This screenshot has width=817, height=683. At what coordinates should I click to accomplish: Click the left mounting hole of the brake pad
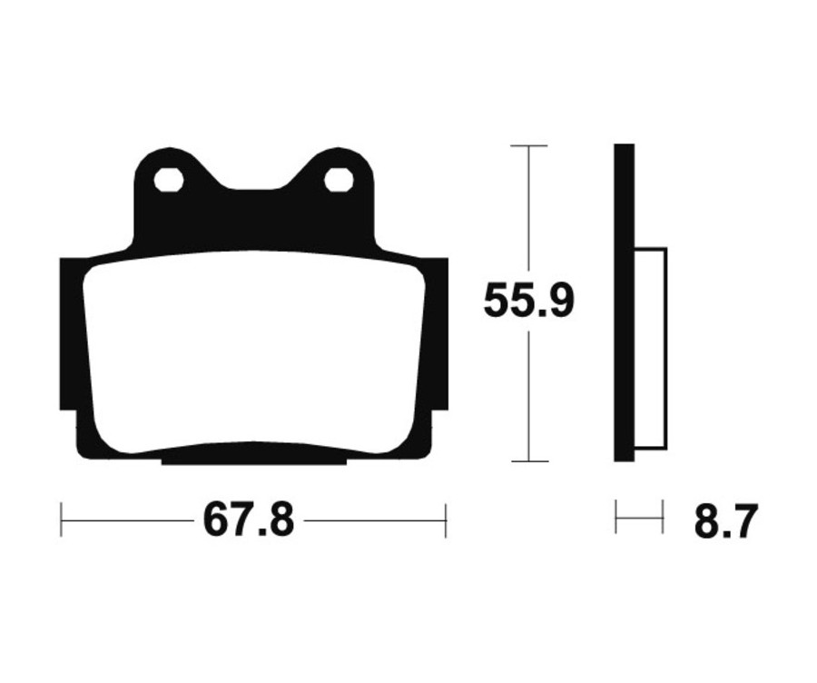coord(169,180)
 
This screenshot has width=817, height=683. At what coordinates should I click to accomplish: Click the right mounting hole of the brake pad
coord(339,180)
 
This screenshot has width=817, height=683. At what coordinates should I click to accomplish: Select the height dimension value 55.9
coord(528,301)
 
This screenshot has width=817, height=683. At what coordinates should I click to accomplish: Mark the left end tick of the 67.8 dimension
coord(61,520)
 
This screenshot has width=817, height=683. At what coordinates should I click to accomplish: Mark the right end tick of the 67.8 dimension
coord(446,520)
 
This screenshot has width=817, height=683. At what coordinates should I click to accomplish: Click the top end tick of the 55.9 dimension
coord(528,145)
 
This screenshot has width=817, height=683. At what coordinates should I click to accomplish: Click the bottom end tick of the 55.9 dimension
coord(528,461)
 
